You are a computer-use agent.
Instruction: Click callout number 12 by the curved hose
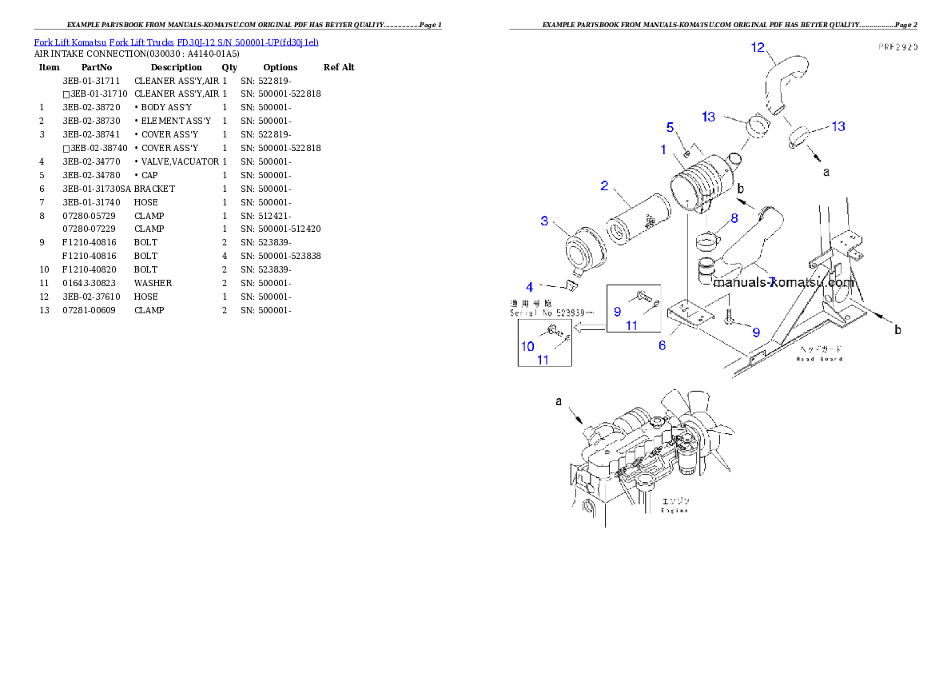pos(758,48)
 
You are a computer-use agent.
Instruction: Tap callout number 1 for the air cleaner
pos(663,149)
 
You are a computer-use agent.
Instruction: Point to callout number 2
pos(605,185)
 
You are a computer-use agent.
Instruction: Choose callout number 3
pos(544,221)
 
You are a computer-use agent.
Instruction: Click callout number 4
pos(529,287)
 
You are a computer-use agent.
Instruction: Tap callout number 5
pos(670,126)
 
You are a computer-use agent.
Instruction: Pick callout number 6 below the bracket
pos(662,346)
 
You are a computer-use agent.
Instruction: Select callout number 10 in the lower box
pos(527,346)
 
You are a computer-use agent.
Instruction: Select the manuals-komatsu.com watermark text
pos(783,282)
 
